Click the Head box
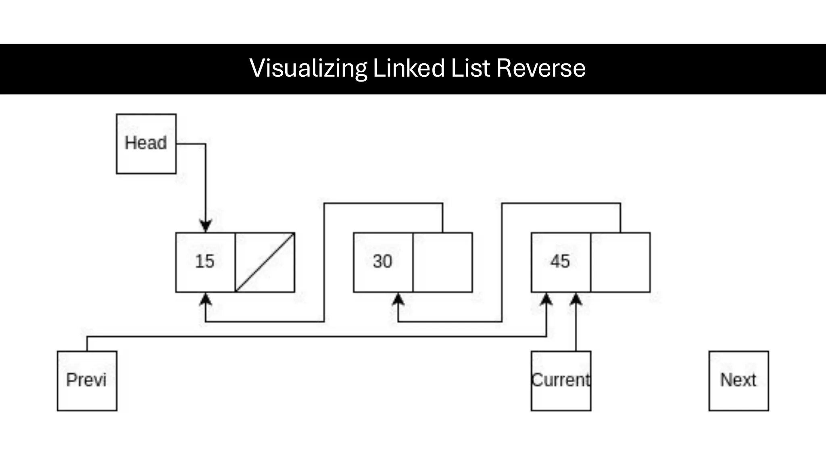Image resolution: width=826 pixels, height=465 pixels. [146, 144]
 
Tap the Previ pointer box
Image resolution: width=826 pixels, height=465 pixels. [87, 381]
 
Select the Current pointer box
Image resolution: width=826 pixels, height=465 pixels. [561, 381]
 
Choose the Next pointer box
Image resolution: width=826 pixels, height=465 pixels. [738, 381]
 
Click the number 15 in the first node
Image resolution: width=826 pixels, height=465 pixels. [205, 262]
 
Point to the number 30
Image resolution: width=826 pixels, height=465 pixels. [382, 262]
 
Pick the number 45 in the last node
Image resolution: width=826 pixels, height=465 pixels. [560, 262]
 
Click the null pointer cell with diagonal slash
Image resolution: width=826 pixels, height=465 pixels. [265, 262]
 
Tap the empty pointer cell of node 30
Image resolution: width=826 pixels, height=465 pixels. [442, 262]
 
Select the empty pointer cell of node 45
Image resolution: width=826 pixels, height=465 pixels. [620, 262]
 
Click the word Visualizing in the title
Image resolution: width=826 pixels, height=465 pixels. [308, 68]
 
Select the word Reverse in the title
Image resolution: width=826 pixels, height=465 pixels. [540, 68]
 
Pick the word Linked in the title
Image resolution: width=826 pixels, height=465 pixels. [409, 68]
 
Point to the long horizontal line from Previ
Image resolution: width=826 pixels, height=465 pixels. [315, 336]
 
